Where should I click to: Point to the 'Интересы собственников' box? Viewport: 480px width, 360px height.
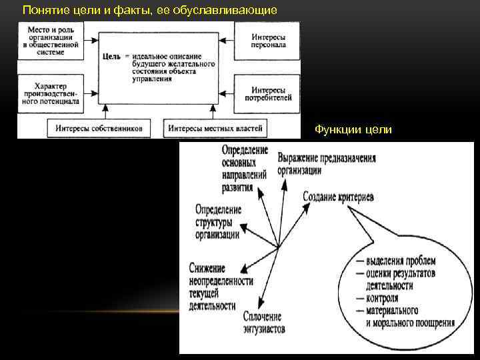click(x=98, y=129)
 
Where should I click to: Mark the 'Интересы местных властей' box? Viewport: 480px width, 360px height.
click(x=215, y=129)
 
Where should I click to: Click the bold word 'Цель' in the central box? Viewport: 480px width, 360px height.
click(x=111, y=57)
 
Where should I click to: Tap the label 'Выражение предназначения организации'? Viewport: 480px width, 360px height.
click(x=326, y=164)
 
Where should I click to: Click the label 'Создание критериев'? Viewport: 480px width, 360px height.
click(x=338, y=197)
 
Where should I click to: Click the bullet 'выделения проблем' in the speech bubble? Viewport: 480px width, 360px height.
click(x=400, y=262)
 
